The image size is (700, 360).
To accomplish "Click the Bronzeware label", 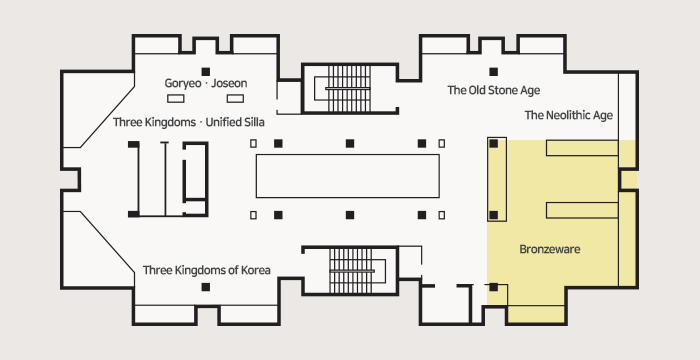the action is [550, 249].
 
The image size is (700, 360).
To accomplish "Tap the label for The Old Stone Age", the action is [494, 90].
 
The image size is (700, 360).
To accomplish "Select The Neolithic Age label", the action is [569, 115].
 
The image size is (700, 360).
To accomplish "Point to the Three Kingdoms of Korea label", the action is [207, 270].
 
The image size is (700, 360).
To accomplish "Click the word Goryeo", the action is [183, 84].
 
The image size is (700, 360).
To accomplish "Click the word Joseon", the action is [229, 84].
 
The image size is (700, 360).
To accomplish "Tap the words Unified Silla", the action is [235, 122].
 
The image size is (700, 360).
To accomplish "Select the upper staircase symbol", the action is [349, 88].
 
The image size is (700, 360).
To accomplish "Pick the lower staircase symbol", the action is [351, 271].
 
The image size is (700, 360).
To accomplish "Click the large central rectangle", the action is [347, 176].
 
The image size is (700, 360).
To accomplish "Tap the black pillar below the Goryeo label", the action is [205, 71].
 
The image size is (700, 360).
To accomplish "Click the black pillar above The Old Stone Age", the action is [493, 71].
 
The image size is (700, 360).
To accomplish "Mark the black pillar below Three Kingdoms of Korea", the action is [205, 287].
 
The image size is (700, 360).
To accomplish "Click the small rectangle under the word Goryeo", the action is [175, 98].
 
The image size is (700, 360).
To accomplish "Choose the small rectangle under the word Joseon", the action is [235, 98].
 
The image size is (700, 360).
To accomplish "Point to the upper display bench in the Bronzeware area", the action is [582, 148].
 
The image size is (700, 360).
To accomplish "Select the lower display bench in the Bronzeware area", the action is [582, 210].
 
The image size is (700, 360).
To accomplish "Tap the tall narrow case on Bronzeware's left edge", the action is [497, 180].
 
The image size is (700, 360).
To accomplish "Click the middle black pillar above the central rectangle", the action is [350, 143].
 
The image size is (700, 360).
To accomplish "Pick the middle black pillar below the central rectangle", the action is [350, 215].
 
